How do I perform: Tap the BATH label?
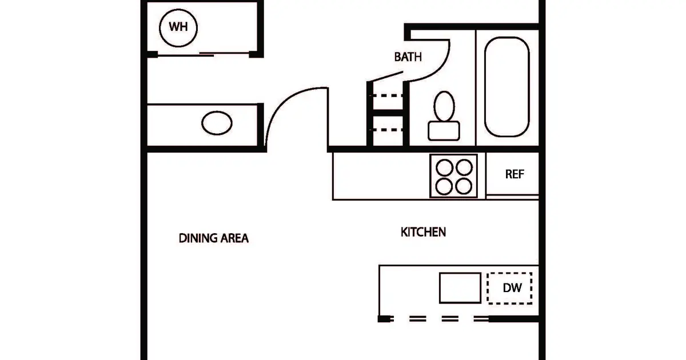(408, 57)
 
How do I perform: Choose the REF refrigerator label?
(514, 174)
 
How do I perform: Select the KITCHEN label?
(423, 232)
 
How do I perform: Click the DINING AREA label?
(213, 238)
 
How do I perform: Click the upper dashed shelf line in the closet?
(386, 95)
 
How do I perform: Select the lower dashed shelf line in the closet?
(386, 130)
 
